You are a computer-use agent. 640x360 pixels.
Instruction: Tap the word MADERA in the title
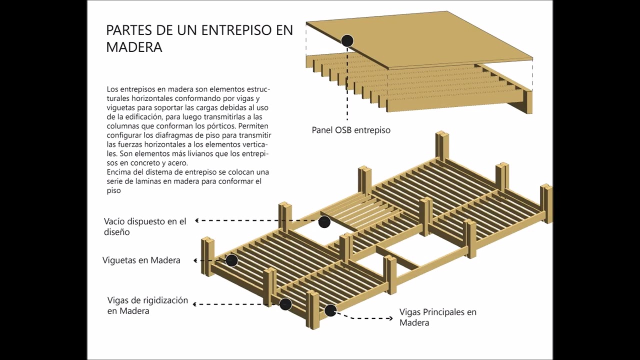point(134,47)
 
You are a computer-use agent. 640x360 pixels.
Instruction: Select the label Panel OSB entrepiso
point(351,130)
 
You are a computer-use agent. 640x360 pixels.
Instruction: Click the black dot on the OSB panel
point(347,41)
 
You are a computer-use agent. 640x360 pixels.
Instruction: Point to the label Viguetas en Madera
point(141,260)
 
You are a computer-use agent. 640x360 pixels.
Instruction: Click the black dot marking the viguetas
point(231,260)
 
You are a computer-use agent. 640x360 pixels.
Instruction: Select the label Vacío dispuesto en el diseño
point(144,226)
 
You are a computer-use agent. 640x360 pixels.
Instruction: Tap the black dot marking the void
point(324,222)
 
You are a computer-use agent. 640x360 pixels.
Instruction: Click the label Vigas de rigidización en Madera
point(147,305)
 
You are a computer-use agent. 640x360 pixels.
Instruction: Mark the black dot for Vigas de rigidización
point(285,304)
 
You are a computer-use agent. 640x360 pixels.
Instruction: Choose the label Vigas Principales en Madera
point(437,317)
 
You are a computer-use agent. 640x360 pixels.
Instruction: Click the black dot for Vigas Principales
point(330,310)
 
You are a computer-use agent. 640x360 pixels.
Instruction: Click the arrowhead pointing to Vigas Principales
point(390,318)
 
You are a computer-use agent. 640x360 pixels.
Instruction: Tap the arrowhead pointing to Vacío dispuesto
point(197,220)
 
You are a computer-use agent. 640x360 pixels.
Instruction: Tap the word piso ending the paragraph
point(113,190)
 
